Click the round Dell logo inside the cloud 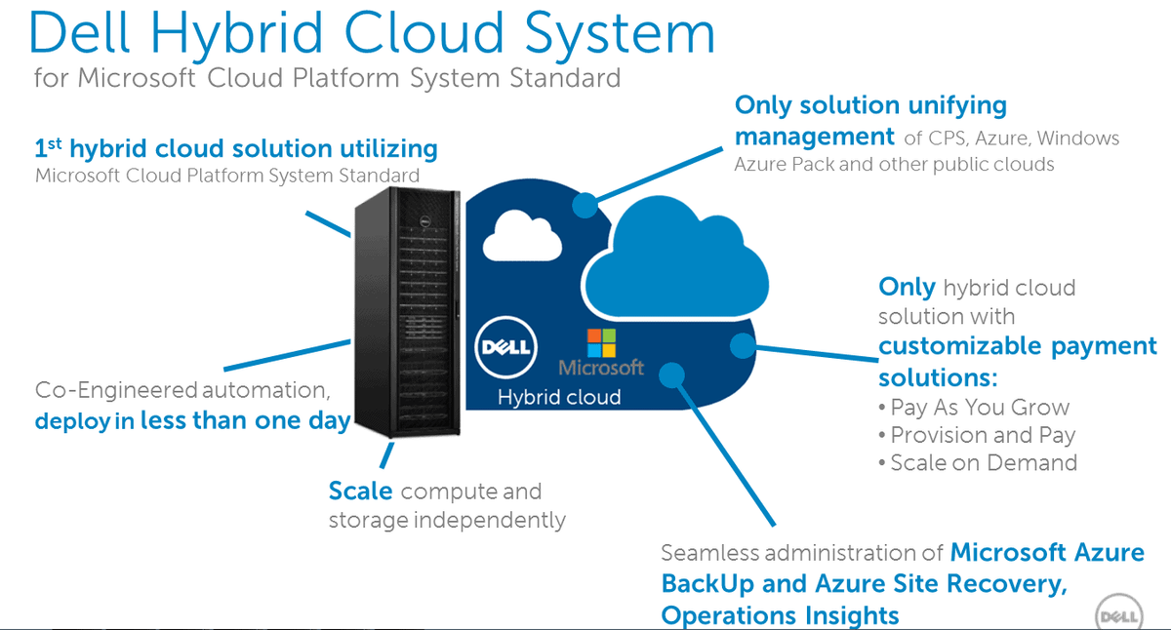pos(505,345)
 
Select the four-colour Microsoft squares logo pos(601,343)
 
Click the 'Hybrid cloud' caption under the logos pos(559,397)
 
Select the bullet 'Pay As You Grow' pos(980,408)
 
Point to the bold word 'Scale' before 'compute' pos(360,491)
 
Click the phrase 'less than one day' pos(245,422)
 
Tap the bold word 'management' pos(814,136)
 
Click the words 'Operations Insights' pos(780,615)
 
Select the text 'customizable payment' pos(1017,345)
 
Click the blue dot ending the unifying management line pos(584,205)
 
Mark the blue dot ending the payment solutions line pos(743,344)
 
